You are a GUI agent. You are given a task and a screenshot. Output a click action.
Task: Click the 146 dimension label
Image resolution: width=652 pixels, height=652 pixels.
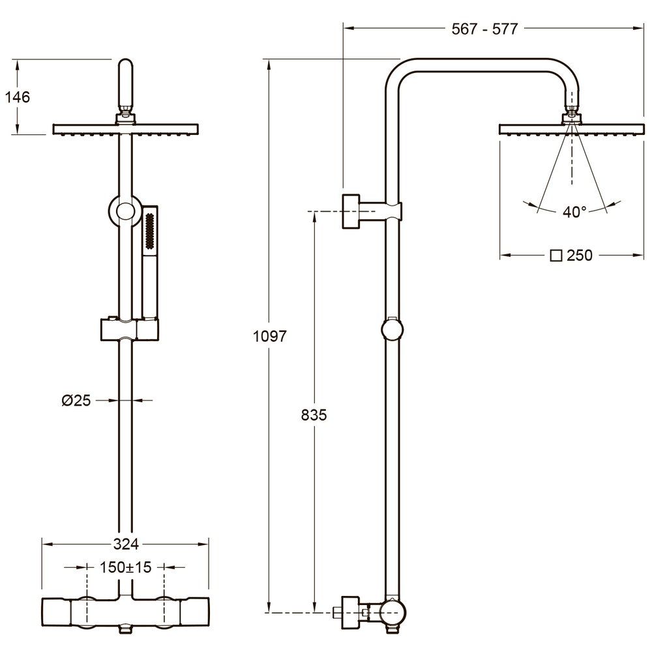pyautogui.click(x=18, y=97)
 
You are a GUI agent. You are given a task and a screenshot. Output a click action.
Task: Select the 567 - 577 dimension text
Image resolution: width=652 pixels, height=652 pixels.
pyautogui.click(x=485, y=29)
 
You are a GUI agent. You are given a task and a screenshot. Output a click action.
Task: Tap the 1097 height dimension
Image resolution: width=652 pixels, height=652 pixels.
pyautogui.click(x=270, y=336)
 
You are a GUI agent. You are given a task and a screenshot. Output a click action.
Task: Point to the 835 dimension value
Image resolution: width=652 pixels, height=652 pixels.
pyautogui.click(x=314, y=415)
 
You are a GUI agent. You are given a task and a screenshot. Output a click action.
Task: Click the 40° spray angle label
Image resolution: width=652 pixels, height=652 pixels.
pyautogui.click(x=574, y=212)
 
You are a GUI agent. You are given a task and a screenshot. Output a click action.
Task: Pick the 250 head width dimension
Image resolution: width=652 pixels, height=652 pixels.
pyautogui.click(x=580, y=255)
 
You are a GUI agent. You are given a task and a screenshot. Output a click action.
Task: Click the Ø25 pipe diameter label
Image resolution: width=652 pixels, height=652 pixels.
pyautogui.click(x=76, y=400)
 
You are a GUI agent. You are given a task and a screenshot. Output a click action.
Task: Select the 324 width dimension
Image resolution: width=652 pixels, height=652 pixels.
pyautogui.click(x=126, y=544)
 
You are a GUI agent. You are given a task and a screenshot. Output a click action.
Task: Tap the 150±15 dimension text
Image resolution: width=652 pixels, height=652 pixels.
pyautogui.click(x=126, y=567)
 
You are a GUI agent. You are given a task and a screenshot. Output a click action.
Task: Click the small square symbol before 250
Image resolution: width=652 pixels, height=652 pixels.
pyautogui.click(x=556, y=256)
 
